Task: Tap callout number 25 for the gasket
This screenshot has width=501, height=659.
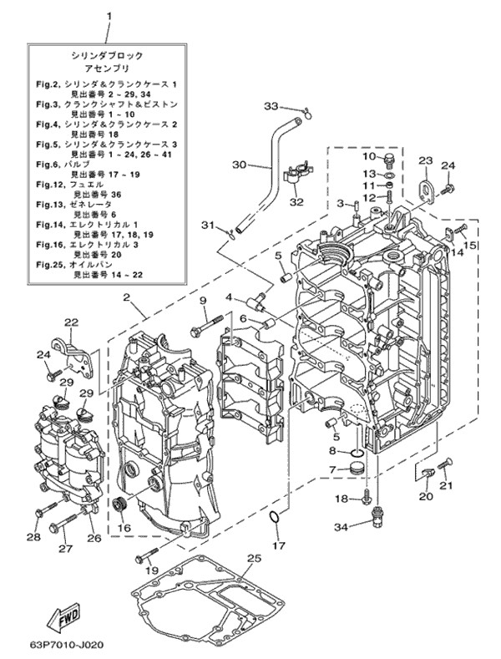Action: [x=253, y=559]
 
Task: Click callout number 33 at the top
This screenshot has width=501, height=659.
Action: [x=271, y=106]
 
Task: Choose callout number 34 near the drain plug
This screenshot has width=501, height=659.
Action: [x=340, y=526]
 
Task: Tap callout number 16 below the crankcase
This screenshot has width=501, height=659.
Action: [x=124, y=528]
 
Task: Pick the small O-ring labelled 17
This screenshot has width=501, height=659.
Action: [x=273, y=523]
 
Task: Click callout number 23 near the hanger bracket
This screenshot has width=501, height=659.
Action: [x=425, y=160]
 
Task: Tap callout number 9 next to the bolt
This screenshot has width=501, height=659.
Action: [x=202, y=301]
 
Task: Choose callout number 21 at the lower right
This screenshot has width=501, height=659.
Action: [x=445, y=485]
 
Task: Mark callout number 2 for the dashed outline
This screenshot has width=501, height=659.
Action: [x=126, y=297]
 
